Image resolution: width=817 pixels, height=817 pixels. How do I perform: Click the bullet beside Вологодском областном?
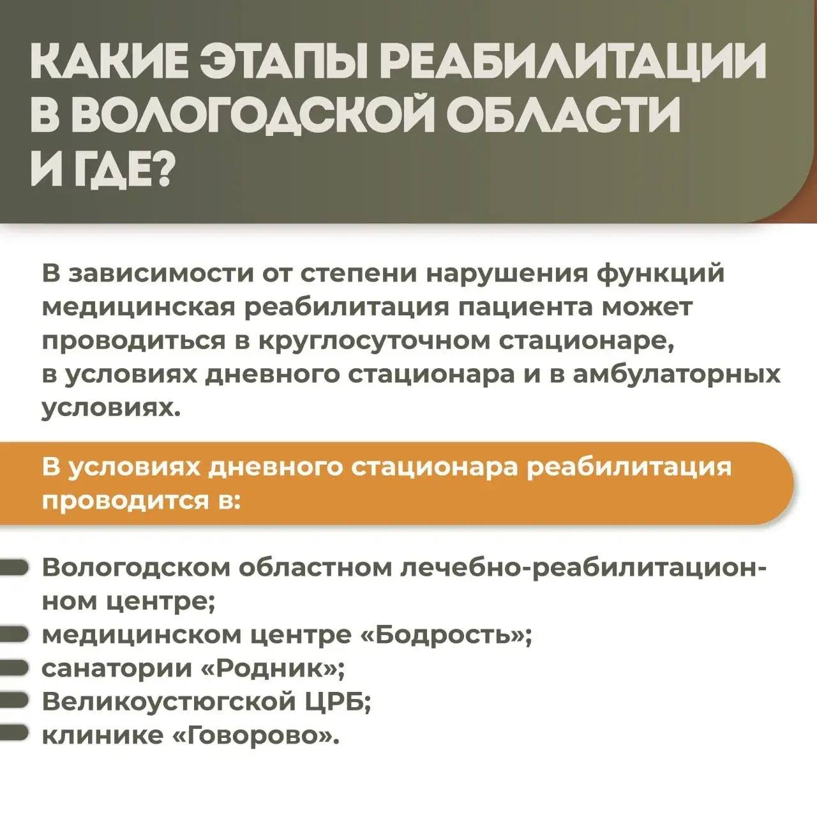pos(13,569)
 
